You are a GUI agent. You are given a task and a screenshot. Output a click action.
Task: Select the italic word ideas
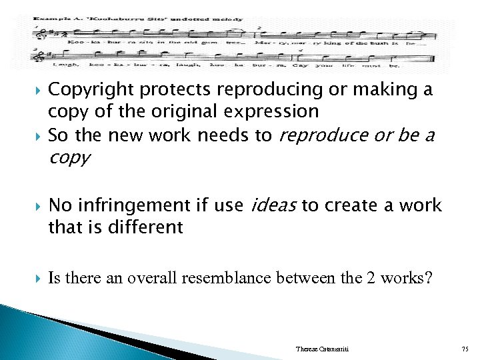click(274, 205)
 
